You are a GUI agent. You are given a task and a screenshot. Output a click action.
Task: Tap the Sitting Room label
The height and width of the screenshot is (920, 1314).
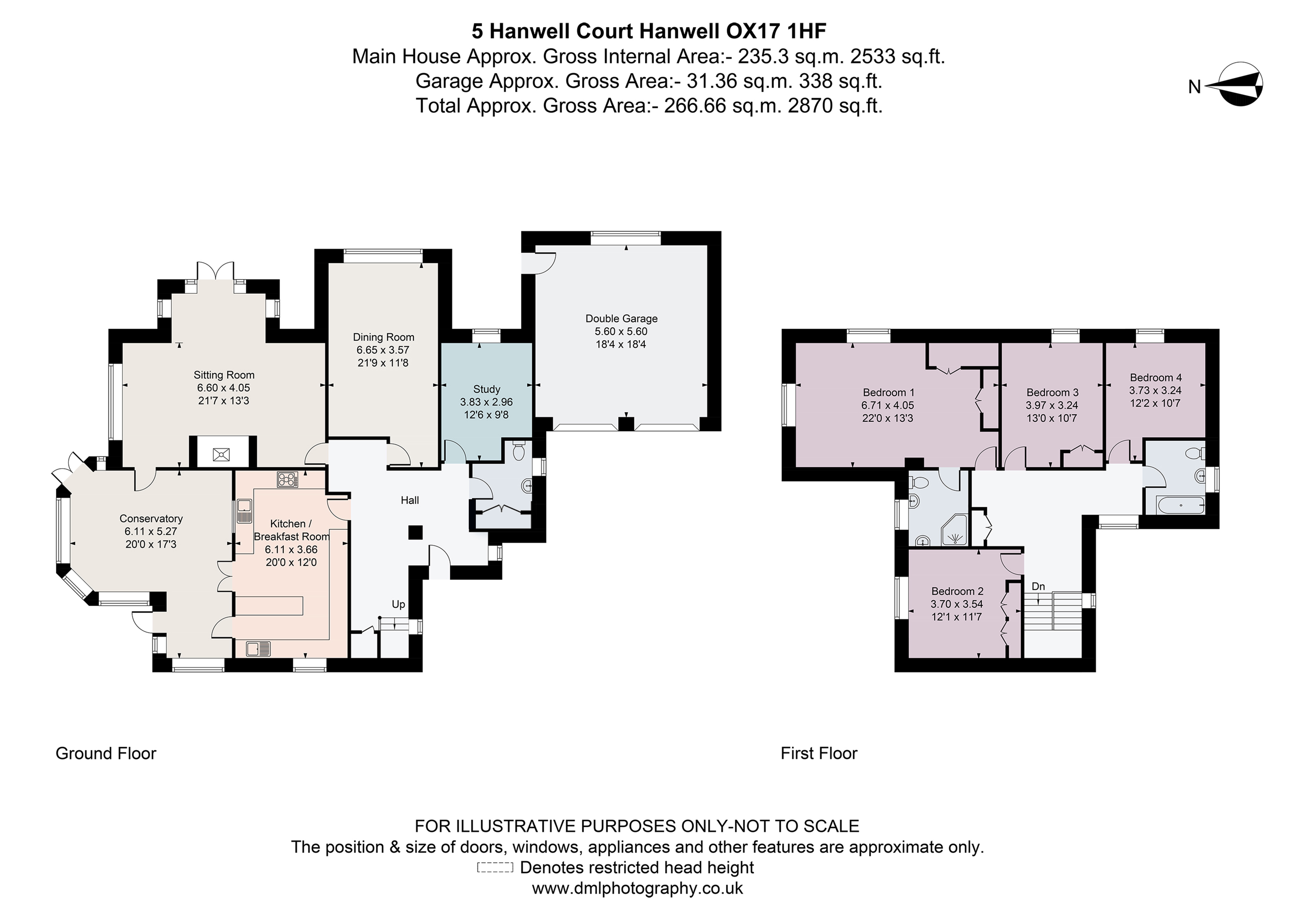224,375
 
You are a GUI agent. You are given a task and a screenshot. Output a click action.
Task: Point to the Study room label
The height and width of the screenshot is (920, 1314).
487,389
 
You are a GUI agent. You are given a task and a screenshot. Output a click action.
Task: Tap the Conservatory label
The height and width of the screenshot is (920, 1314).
151,518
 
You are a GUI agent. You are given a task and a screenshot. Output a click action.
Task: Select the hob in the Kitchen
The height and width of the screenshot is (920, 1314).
287,480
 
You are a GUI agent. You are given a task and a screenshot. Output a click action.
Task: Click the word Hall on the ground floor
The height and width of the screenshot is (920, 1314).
410,500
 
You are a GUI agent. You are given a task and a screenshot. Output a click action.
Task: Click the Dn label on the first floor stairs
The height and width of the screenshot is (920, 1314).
1038,586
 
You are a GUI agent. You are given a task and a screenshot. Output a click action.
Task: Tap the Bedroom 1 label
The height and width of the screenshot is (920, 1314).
888,392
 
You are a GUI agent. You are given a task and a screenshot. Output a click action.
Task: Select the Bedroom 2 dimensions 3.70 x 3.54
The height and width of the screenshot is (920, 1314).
956,604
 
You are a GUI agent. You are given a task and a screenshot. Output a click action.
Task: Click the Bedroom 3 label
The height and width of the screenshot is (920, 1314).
1052,392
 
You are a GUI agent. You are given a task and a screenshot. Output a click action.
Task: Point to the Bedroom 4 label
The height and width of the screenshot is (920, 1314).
1156,377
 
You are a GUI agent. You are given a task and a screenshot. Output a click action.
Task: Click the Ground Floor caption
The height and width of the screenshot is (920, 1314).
106,753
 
